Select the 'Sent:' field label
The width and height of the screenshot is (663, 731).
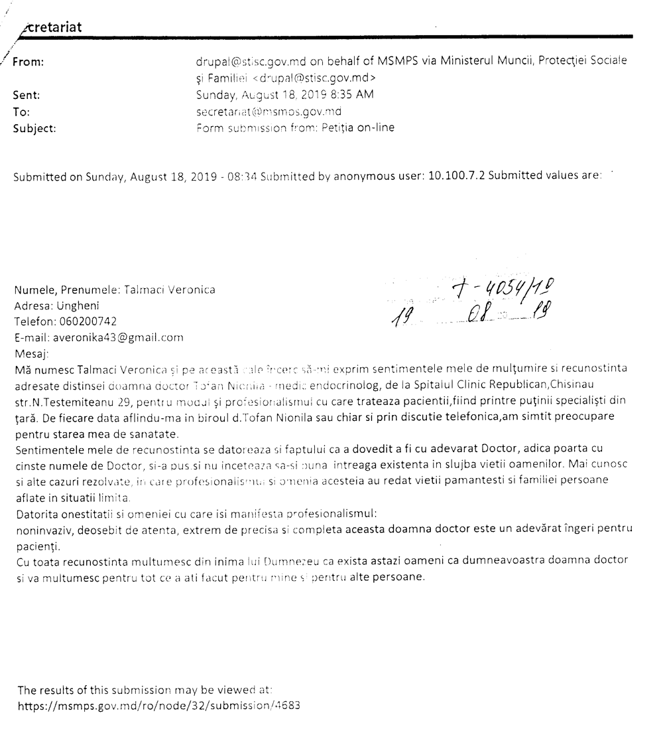click(27, 95)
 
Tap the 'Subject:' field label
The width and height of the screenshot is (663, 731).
click(34, 129)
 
